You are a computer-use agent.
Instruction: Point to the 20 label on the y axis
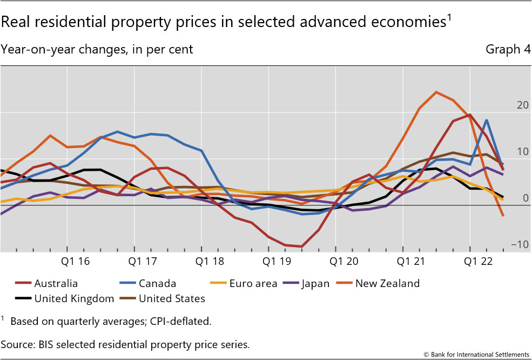[523, 105]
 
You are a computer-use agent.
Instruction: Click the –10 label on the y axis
[521, 245]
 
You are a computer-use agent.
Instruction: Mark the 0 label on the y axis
[526, 198]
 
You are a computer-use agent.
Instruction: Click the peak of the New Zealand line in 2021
[436, 92]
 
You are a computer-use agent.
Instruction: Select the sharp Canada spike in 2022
[487, 120]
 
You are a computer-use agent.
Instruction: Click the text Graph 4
[508, 50]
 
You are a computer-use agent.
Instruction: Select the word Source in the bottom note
[16, 344]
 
